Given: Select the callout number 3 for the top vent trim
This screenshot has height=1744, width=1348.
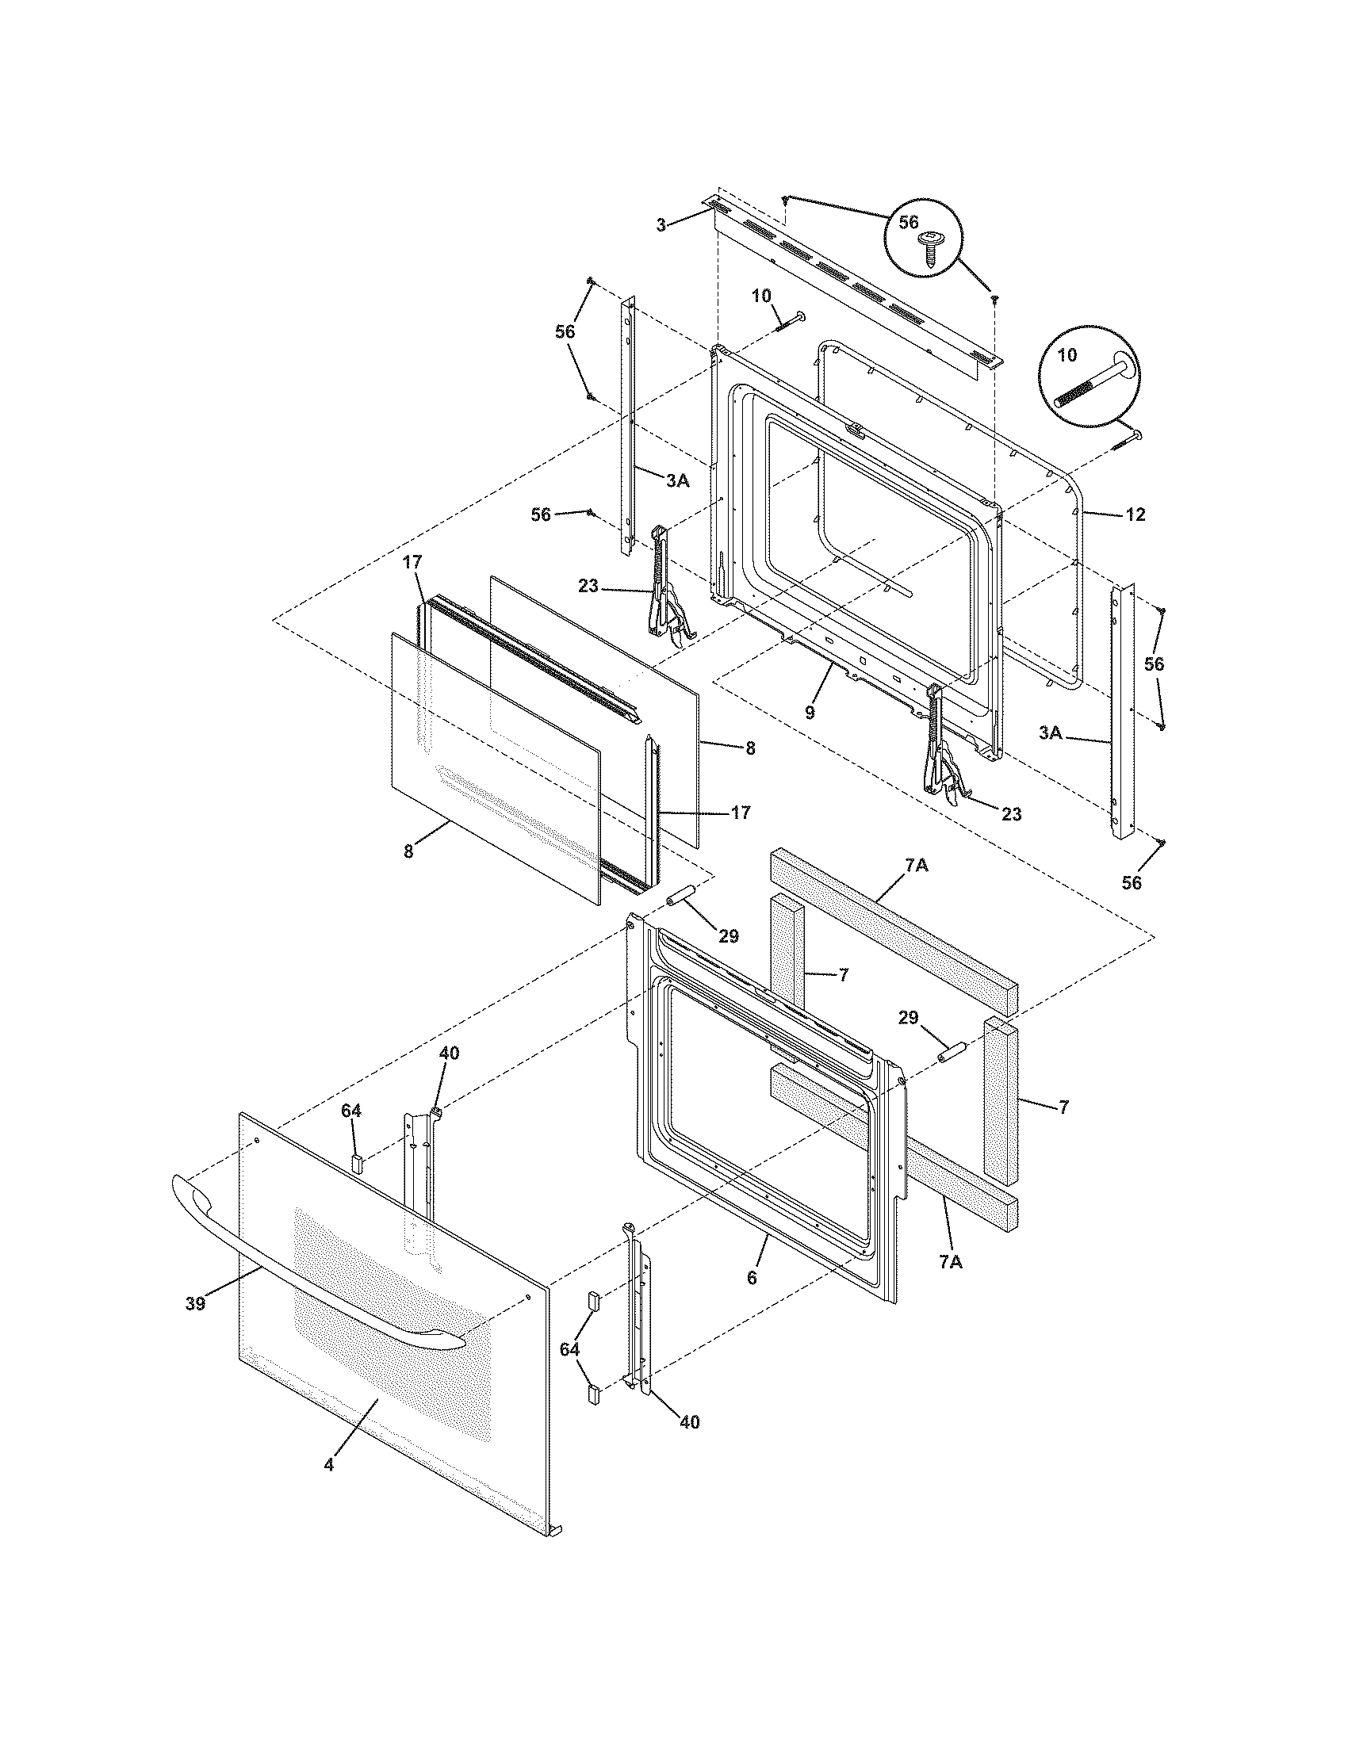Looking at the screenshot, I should click(x=661, y=226).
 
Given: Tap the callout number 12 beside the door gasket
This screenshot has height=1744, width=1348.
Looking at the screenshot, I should click(x=1135, y=515).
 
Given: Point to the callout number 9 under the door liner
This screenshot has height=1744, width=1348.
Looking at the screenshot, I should click(x=810, y=713).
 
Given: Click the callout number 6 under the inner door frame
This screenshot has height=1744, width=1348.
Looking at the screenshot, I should click(x=751, y=1278).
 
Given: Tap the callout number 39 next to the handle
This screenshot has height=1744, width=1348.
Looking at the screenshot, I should click(x=195, y=1304).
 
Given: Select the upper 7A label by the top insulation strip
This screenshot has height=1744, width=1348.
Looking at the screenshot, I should click(x=916, y=866).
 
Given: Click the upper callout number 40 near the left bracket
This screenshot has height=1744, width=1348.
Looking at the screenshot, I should click(x=450, y=1054).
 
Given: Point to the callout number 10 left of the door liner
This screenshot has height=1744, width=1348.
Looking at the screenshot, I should click(x=761, y=296).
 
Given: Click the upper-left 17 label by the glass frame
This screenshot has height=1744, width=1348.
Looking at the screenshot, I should click(x=412, y=562).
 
